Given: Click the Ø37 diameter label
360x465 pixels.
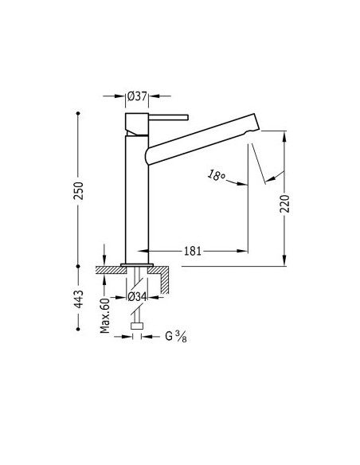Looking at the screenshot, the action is click(x=137, y=96).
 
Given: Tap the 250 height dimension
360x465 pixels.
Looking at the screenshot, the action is click(x=79, y=190).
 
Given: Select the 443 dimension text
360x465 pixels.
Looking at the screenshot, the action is click(x=79, y=299).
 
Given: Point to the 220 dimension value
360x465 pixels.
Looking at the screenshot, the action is click(x=284, y=204).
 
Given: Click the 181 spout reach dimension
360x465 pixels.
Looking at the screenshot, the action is click(x=193, y=251).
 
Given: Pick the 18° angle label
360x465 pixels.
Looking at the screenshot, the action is click(x=216, y=175).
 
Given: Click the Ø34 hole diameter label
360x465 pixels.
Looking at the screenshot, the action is click(x=137, y=297).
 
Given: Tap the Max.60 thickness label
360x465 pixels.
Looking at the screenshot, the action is click(x=105, y=315).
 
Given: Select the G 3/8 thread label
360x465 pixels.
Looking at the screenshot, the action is click(x=176, y=336).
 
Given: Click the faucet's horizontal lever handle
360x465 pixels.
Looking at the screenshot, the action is click(x=168, y=118).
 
